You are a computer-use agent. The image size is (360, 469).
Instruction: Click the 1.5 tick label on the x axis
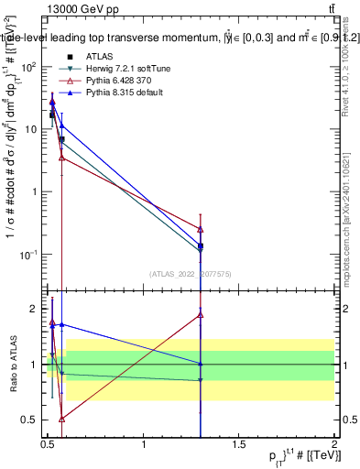point(239,444)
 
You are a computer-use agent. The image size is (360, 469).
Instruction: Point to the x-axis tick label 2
point(334,444)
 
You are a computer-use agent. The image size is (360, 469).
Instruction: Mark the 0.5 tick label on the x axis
point(48,444)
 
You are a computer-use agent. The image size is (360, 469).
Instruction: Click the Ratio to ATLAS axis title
point(12,364)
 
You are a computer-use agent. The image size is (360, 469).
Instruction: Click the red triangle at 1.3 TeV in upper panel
point(201,229)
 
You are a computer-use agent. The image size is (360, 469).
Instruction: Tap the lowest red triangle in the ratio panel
point(61,419)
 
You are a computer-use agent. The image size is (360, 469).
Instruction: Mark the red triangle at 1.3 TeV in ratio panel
point(201,314)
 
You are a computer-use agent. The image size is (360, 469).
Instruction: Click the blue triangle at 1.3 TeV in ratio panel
point(201,364)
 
